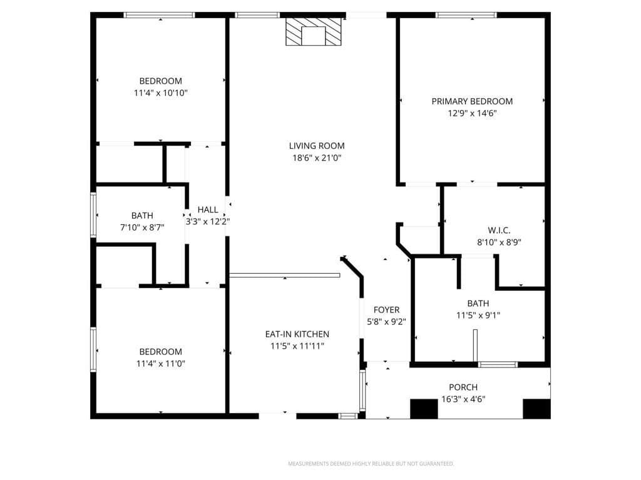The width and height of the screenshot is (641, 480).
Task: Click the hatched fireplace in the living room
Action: coord(314,31)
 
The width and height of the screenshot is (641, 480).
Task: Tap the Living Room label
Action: coord(317,146)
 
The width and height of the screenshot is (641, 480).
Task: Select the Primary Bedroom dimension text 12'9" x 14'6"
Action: coord(472,113)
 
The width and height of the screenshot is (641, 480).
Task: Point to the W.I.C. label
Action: coord(499,230)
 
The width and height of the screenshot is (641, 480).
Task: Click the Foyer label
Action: coord(386,310)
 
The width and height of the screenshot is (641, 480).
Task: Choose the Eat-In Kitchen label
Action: coord(297,334)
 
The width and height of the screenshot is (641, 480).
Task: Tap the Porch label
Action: coord(463,387)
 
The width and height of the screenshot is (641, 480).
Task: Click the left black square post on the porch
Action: coord(424,409)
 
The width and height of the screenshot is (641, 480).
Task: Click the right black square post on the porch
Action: coord(536,409)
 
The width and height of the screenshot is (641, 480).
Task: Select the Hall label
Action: coord(208,210)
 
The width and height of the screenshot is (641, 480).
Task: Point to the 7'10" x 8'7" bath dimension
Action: coord(143,227)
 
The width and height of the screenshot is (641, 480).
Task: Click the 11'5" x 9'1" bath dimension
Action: coord(478,316)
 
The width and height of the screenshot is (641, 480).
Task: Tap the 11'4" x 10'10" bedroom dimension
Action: coord(161,93)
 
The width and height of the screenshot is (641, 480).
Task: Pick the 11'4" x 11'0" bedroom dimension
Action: coord(161,363)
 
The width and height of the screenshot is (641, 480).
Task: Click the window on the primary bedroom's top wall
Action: coord(466,15)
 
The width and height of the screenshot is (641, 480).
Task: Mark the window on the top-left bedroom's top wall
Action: coord(160,15)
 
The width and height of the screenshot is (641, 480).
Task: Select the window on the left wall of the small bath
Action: coord(94,215)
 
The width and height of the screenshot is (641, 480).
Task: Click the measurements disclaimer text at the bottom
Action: coord(371,464)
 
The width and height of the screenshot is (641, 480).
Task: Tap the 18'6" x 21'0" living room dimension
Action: coord(317,157)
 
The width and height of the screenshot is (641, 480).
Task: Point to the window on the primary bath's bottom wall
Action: coord(498,364)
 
